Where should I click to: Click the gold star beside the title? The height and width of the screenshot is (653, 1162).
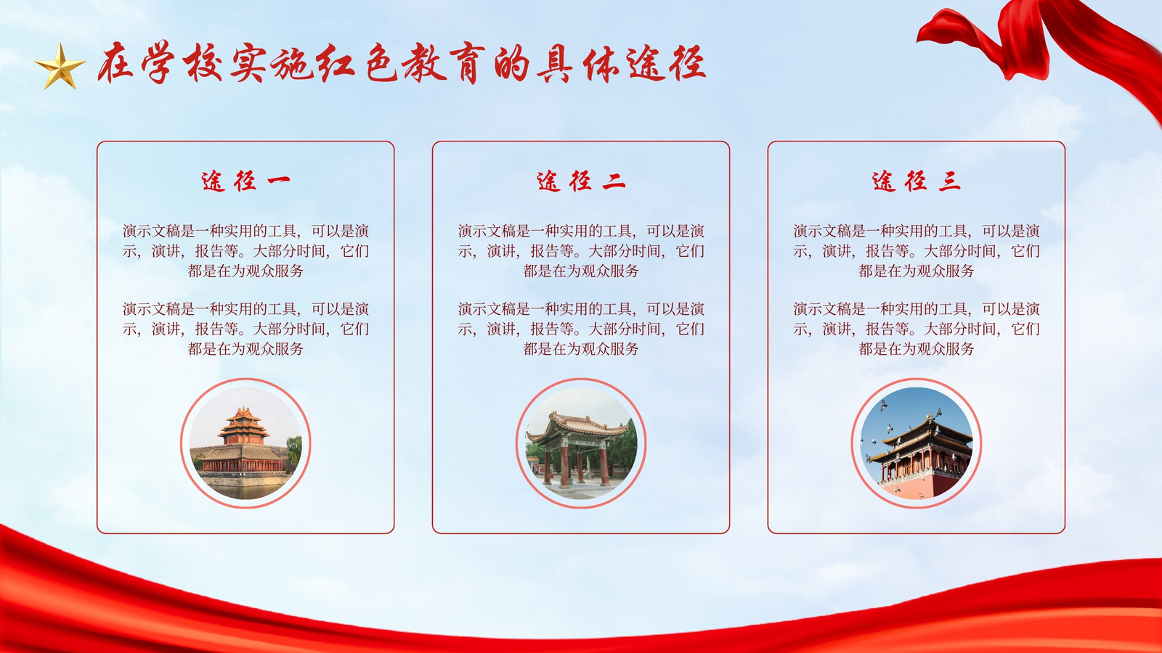pyautogui.click(x=60, y=66)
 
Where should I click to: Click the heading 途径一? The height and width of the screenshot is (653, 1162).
pyautogui.click(x=245, y=181)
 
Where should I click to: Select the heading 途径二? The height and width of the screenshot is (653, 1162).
pyautogui.click(x=581, y=181)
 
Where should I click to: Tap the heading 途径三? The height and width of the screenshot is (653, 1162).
pyautogui.click(x=916, y=181)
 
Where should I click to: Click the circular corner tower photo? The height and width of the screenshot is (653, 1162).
pyautogui.click(x=245, y=443)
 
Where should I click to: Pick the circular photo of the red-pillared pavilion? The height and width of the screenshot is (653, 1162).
pyautogui.click(x=581, y=443)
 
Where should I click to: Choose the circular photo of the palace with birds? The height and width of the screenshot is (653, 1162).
pyautogui.click(x=916, y=443)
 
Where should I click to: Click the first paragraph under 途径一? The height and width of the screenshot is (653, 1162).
pyautogui.click(x=245, y=251)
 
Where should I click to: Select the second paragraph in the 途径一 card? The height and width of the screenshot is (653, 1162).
pyautogui.click(x=245, y=329)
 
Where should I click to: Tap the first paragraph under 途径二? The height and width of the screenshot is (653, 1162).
pyautogui.click(x=581, y=251)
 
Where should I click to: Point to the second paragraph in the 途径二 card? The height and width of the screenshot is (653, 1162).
pyautogui.click(x=581, y=329)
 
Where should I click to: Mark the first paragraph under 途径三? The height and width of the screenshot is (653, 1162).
pyautogui.click(x=916, y=251)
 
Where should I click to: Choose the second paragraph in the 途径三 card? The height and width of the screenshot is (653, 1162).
pyautogui.click(x=916, y=329)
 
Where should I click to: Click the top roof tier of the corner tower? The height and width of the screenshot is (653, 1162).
pyautogui.click(x=243, y=414)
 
